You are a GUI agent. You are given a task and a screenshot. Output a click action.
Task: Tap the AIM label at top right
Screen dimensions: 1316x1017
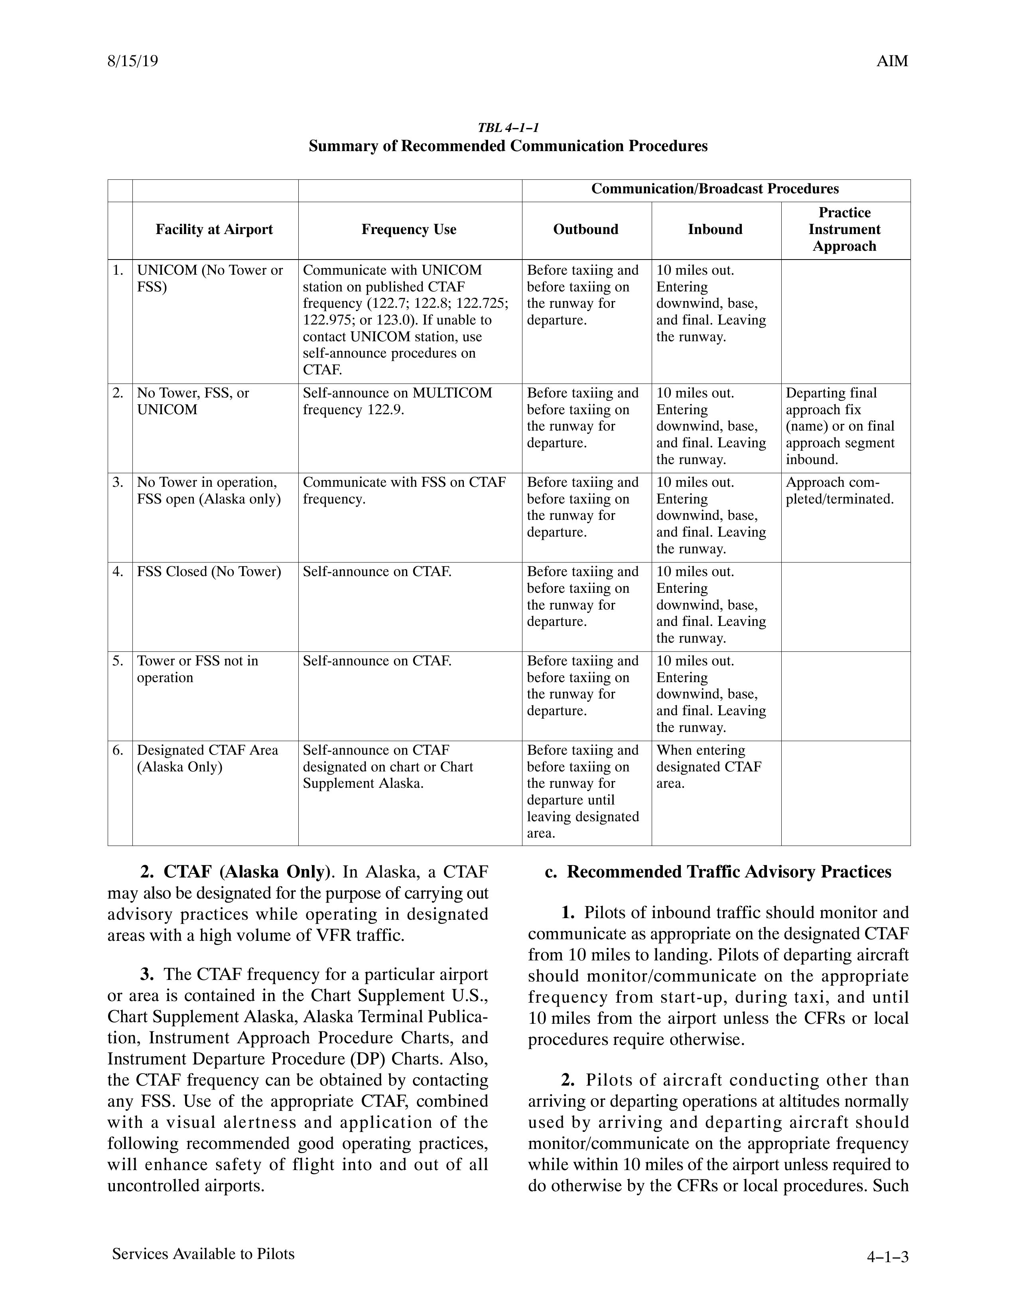click(892, 61)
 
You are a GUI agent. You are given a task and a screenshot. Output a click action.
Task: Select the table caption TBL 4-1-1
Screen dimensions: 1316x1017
click(508, 128)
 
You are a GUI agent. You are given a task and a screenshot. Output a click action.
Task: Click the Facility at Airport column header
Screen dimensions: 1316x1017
click(214, 230)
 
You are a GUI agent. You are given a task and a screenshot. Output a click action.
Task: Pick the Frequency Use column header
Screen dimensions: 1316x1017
click(409, 230)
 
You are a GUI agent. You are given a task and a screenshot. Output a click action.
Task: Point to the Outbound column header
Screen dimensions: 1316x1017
click(585, 230)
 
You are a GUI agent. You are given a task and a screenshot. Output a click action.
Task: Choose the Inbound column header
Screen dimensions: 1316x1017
click(715, 230)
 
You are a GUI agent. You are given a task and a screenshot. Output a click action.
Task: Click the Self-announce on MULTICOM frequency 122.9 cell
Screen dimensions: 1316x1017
click(397, 401)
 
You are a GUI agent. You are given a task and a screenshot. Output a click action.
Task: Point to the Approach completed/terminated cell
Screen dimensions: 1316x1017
click(839, 490)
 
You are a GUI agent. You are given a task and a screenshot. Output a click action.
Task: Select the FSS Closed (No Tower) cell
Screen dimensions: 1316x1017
click(209, 571)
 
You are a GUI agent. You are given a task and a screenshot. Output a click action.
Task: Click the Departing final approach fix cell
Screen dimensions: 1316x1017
click(840, 426)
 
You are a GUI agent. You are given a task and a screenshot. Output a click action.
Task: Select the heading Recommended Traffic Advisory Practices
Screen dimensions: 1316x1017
click(717, 872)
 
